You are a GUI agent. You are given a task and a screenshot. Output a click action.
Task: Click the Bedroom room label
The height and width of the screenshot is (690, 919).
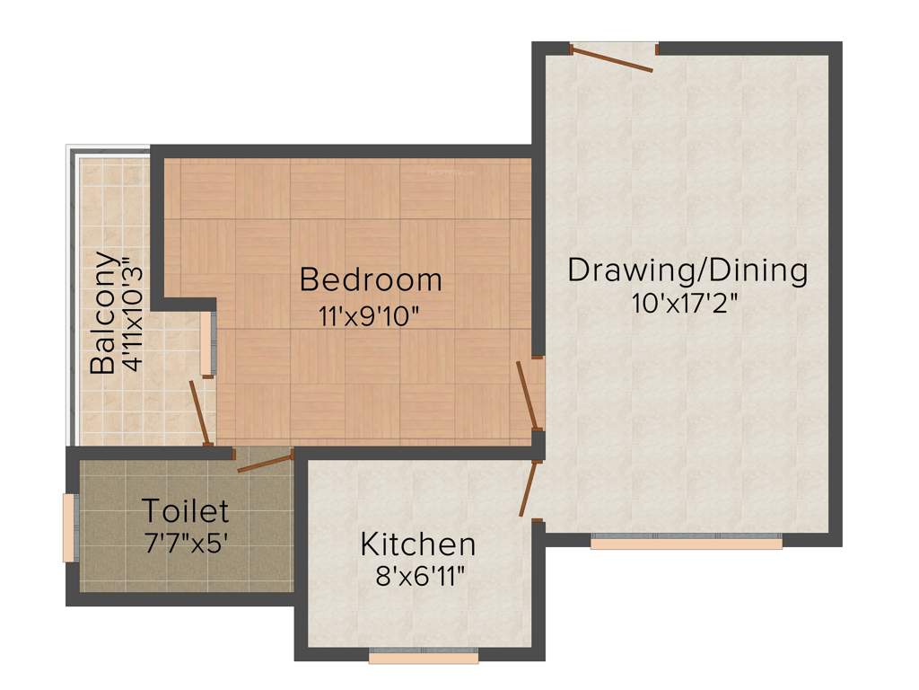click(371, 279)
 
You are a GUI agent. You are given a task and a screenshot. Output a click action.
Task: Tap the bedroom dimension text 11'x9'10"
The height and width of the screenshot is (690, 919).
click(369, 316)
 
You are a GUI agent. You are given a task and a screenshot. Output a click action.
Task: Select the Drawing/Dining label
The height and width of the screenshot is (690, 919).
click(687, 270)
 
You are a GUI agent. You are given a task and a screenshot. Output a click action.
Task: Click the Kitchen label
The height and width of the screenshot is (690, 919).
click(417, 544)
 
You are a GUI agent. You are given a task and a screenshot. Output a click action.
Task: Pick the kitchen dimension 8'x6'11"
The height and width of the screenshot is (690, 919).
click(419, 576)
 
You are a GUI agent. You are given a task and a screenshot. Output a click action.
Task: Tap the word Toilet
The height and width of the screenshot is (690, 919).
click(186, 511)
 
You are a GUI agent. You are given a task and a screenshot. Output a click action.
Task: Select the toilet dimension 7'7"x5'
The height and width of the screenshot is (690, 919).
click(186, 544)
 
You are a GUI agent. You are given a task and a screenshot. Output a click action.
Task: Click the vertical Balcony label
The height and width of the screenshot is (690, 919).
click(103, 312)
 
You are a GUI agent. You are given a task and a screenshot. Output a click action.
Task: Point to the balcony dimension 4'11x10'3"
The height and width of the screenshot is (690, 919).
click(132, 314)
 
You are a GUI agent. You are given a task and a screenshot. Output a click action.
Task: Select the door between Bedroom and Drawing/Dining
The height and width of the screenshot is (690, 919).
click(528, 396)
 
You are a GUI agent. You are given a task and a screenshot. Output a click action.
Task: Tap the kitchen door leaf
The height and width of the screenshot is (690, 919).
click(530, 488)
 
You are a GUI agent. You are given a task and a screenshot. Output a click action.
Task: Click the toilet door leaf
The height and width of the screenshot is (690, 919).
click(266, 463)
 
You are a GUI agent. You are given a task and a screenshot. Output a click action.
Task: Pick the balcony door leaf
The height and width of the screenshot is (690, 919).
click(200, 412)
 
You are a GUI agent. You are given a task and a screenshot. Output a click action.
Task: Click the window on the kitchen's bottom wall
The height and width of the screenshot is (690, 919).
click(424, 657)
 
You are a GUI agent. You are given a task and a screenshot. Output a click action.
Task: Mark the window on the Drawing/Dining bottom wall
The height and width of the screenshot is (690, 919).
click(687, 543)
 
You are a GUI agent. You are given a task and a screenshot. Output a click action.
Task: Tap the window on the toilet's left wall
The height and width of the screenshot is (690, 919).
click(68, 526)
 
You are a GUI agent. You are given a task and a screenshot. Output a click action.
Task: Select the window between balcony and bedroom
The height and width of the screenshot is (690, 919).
click(212, 343)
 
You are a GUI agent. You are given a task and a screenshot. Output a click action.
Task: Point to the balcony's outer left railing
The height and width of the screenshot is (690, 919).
click(71, 296)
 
